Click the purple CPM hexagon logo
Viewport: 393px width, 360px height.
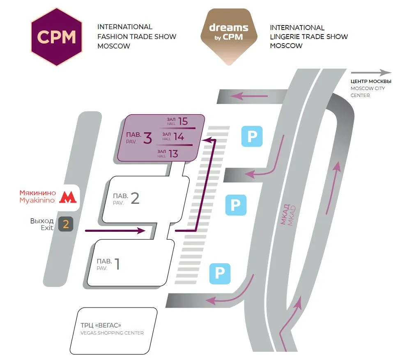(57, 37)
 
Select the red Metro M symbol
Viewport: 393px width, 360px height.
(68, 197)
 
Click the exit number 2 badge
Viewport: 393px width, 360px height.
(66, 224)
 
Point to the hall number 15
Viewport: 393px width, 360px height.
(183, 121)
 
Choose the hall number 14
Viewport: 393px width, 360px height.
(179, 136)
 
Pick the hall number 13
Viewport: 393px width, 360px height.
(173, 154)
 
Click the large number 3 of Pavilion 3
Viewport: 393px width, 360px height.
(147, 138)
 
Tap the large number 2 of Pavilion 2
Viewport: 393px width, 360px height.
(135, 198)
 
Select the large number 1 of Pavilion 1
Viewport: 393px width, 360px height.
(117, 264)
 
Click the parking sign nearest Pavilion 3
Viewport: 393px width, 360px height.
(252, 136)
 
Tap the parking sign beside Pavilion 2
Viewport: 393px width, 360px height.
(236, 205)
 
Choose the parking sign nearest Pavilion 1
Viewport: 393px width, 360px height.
(220, 274)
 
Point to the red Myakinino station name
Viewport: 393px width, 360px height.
(38, 197)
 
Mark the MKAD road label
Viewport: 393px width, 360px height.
(288, 215)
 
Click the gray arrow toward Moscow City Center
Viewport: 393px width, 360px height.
(371, 73)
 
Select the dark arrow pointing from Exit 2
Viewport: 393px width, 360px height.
(115, 230)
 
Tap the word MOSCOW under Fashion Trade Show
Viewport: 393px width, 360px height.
(114, 46)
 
